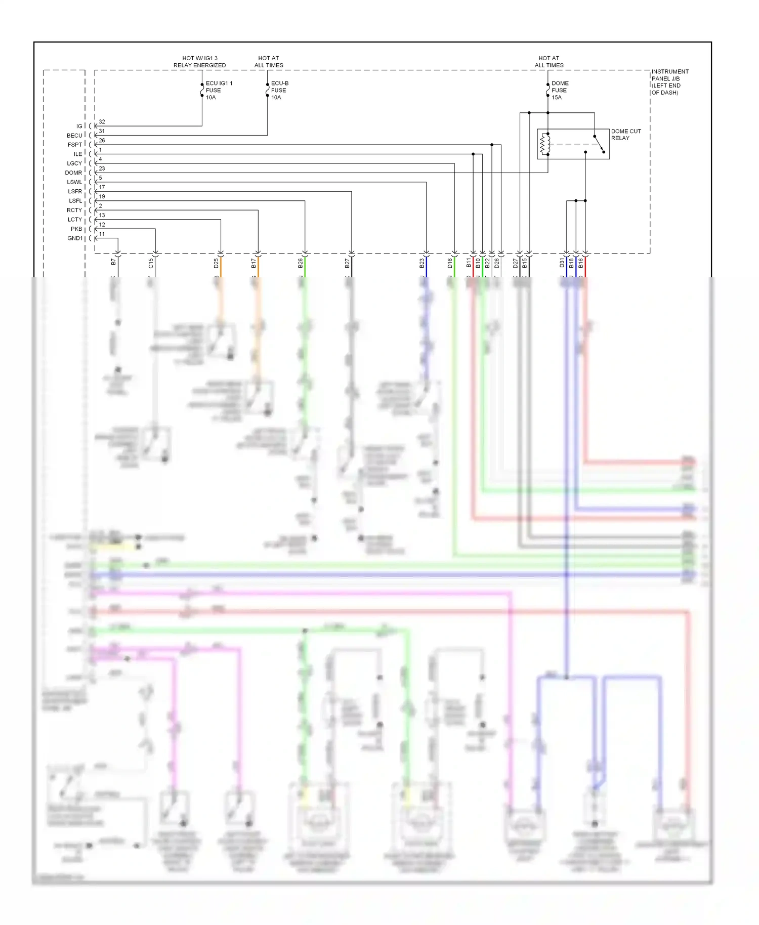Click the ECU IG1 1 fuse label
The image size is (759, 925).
point(218,90)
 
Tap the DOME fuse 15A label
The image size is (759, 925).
point(560,90)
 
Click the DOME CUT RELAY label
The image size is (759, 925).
point(625,135)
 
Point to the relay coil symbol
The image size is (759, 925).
point(545,144)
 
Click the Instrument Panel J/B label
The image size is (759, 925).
point(669,82)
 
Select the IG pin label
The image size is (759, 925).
point(79,126)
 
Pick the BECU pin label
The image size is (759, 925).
point(74,136)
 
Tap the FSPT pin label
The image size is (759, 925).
point(75,145)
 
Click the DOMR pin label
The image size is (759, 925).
point(73,173)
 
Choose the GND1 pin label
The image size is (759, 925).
point(75,238)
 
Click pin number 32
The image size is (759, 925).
point(102,122)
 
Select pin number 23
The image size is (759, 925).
point(102,169)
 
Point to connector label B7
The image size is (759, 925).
point(113,262)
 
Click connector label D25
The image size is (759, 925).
point(216,263)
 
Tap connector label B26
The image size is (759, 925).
point(301,263)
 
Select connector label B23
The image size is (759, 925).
point(422,263)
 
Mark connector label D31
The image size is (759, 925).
point(562,263)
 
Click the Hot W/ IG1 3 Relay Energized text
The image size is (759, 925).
point(200,62)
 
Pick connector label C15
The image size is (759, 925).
point(151,263)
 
